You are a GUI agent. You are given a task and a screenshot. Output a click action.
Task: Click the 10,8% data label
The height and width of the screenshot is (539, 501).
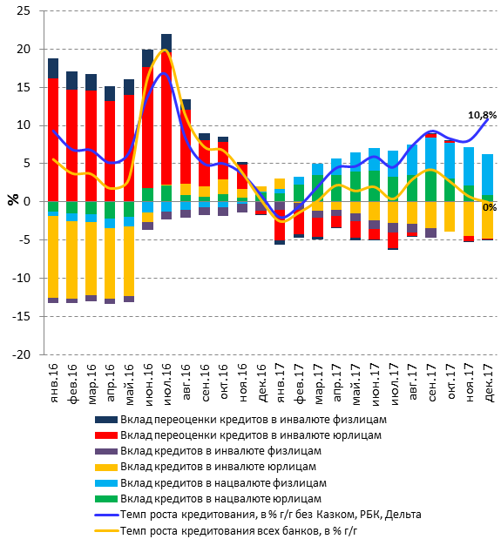pos(482,115)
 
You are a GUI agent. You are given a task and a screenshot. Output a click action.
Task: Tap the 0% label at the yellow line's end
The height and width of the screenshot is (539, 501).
pos(490,207)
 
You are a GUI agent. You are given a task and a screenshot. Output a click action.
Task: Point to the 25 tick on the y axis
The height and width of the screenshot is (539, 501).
pos(24,11)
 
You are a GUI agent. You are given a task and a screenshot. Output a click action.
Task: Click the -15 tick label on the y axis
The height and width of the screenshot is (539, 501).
pos(21,316)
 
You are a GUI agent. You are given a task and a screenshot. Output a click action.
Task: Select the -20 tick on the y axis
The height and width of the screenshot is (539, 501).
pos(21,354)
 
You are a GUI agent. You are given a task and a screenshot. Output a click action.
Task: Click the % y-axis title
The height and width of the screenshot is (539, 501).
pos(13,199)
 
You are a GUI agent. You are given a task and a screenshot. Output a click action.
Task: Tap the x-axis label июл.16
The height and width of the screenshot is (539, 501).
pos(166,384)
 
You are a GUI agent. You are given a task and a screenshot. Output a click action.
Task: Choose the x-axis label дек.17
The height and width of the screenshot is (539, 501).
pos(489,383)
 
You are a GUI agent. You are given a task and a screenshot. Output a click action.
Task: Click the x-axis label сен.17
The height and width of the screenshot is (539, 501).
pos(432,382)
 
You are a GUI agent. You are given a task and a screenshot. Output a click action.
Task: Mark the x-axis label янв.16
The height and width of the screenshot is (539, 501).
pos(54,383)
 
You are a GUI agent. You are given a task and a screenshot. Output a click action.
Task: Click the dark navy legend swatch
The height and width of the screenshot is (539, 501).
pos(106,420)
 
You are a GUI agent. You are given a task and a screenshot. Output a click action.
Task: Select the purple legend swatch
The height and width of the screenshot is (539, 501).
pos(106,451)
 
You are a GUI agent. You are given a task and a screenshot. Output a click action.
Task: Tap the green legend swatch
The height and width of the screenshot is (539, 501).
pos(106,499)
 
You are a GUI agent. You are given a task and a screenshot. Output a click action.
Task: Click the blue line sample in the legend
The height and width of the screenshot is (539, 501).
pos(106,515)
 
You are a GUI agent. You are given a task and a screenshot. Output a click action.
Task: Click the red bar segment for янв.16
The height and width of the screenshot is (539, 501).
pos(53,140)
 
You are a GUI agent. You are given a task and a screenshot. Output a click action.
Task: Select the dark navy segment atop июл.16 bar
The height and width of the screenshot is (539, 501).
pos(166,43)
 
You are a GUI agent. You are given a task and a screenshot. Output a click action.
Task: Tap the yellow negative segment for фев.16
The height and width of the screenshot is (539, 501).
pos(71,259)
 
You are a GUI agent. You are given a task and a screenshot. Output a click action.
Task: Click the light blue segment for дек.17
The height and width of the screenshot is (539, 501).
pos(488,175)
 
